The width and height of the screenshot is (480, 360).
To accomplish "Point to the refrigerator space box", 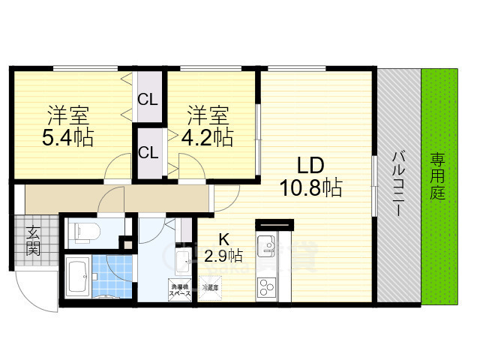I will [209, 287].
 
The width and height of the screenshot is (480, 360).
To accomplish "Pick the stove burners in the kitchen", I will [266, 286].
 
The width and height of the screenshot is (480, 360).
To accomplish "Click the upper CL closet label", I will [147, 99].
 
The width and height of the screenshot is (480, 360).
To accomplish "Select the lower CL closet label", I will [147, 152].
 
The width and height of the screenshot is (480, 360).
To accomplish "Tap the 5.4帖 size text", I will [69, 138].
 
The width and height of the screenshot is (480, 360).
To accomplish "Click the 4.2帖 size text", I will [207, 138].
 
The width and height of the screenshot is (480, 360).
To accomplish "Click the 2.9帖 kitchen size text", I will [223, 256].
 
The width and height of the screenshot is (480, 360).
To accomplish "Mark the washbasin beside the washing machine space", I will [183, 260].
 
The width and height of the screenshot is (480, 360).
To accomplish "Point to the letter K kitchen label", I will [223, 240].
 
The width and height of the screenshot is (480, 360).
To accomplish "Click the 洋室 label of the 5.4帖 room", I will [69, 116].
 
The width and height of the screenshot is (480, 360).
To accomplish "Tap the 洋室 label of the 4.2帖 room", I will [207, 116].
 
